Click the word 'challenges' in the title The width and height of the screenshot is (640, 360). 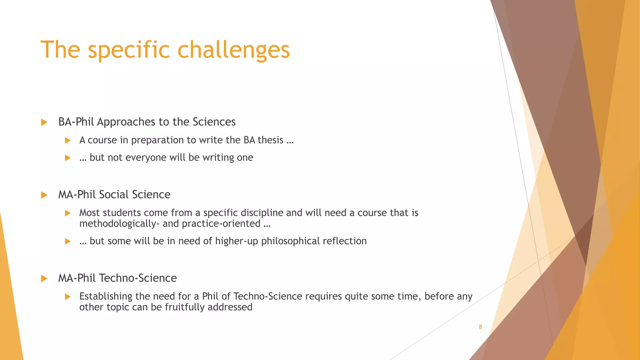(x=233, y=50)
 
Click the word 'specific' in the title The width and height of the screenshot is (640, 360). (x=129, y=50)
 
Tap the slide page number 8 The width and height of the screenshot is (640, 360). (x=480, y=327)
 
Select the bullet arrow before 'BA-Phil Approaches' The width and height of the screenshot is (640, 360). (x=44, y=122)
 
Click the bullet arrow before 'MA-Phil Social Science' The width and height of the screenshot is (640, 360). (x=44, y=195)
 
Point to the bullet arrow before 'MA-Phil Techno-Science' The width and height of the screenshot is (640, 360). (x=44, y=278)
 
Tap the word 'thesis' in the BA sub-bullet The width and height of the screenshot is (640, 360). (x=270, y=140)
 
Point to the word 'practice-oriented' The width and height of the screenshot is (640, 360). (x=221, y=224)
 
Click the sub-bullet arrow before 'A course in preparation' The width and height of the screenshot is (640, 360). (x=68, y=141)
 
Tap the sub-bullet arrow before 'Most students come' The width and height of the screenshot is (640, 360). (x=68, y=213)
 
